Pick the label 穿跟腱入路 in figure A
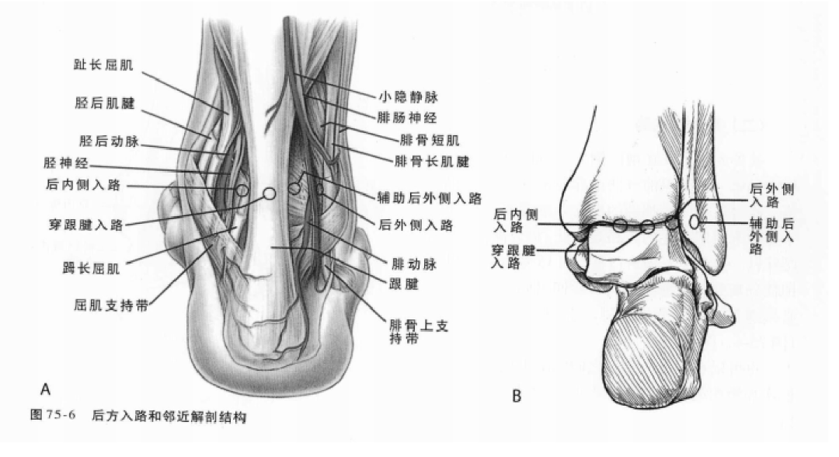pyautogui.click(x=89, y=225)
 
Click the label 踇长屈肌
pyautogui.click(x=92, y=269)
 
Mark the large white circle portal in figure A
pyautogui.click(x=270, y=193)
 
